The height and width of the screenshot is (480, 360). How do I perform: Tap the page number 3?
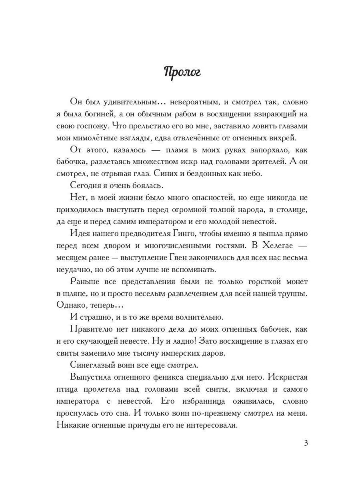pyautogui.click(x=306, y=443)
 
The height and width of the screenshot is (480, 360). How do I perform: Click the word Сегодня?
pyautogui.click(x=87, y=186)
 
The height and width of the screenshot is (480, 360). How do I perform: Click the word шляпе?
pyautogui.click(x=75, y=293)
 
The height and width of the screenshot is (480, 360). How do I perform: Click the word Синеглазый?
pyautogui.click(x=93, y=365)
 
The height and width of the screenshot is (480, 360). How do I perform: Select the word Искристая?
pyautogui.click(x=288, y=377)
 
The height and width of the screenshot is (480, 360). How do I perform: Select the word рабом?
pyautogui.click(x=186, y=114)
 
